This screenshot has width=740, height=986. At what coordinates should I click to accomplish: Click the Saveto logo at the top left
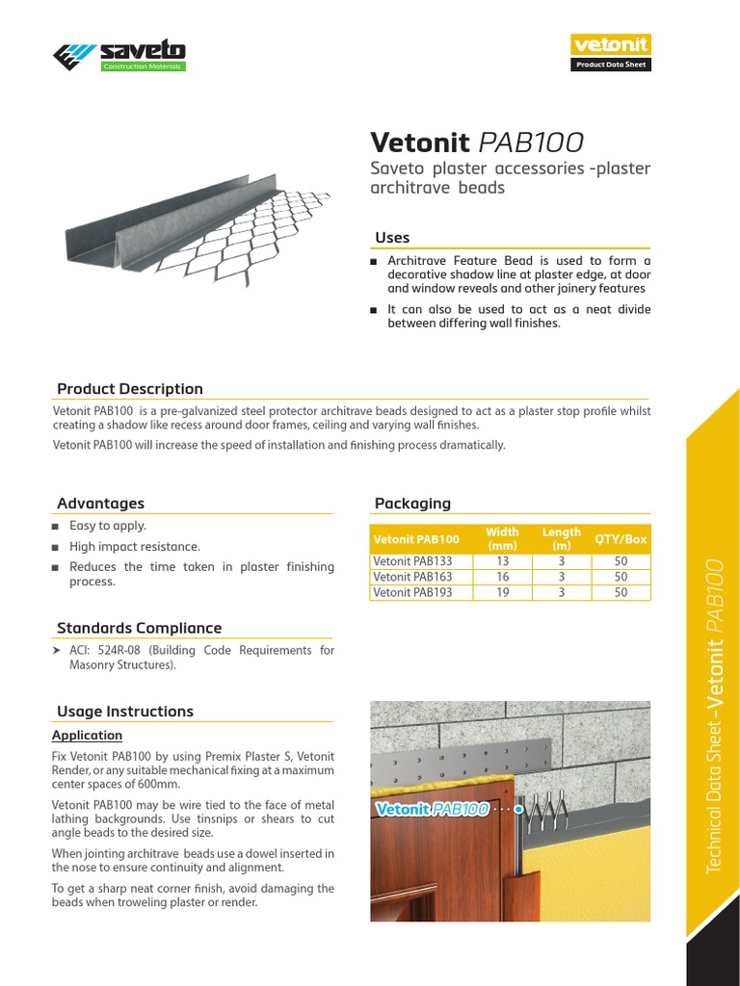click(x=119, y=55)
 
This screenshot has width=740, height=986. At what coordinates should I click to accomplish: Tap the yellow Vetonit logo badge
click(x=611, y=44)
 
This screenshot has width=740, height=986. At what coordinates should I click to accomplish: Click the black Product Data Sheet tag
click(x=611, y=65)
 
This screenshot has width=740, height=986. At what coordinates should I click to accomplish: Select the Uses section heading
click(x=392, y=238)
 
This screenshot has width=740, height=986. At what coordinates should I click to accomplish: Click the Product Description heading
click(x=130, y=389)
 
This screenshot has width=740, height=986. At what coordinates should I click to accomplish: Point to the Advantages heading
click(x=100, y=504)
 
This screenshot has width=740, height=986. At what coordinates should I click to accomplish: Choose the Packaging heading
click(x=412, y=504)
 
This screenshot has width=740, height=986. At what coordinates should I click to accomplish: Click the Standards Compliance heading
click(x=139, y=628)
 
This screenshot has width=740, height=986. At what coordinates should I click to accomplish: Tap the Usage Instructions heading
click(x=125, y=712)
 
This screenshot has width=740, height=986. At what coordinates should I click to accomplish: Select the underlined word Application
click(x=87, y=736)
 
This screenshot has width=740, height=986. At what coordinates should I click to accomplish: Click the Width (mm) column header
click(x=502, y=538)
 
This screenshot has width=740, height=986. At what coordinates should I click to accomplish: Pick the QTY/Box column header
click(x=621, y=539)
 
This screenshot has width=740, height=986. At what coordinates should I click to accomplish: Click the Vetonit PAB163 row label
click(x=412, y=577)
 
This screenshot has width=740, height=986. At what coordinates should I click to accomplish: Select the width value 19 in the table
click(x=502, y=592)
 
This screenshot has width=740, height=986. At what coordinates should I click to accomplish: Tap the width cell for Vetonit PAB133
click(x=502, y=561)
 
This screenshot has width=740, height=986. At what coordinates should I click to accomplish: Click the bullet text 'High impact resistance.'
click(x=135, y=547)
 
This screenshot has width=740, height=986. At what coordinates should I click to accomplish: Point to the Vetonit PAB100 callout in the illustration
click(x=433, y=810)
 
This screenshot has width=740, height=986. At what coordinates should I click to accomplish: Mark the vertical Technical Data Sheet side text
click(x=714, y=713)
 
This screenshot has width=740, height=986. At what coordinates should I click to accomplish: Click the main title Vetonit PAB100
click(x=477, y=143)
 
